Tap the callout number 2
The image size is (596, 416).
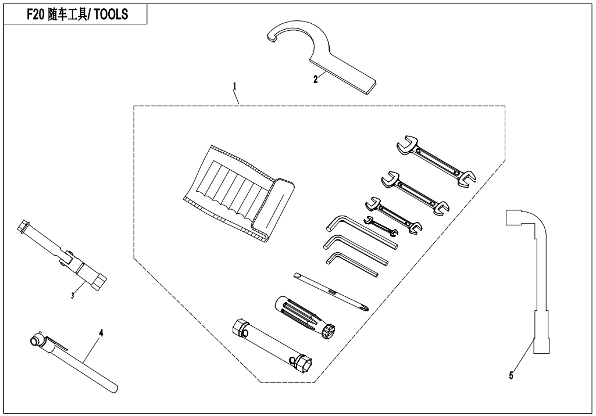point(316,80)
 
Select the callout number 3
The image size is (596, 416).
point(73,295)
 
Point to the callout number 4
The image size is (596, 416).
point(101,333)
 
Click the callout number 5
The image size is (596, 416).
point(511,376)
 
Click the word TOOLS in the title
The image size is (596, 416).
point(111,15)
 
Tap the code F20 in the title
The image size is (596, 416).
point(35,15)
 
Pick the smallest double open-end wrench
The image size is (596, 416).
point(381,225)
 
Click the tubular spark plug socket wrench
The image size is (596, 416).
point(273,345)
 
